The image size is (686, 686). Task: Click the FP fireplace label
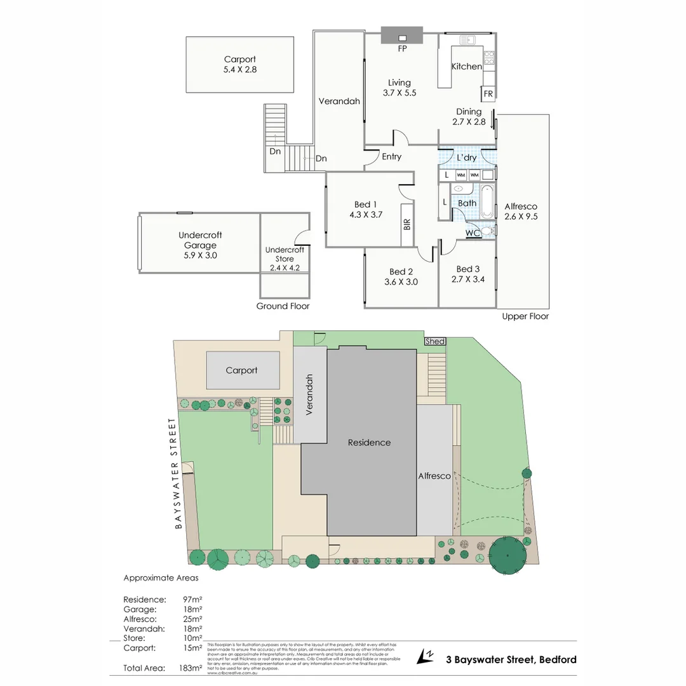401,49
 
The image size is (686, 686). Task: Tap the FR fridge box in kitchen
488,94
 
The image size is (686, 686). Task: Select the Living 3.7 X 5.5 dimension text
400,93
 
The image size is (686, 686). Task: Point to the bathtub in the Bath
487,202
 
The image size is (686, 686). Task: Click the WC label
473,233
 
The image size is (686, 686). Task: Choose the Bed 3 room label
467,269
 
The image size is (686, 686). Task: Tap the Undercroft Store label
285,254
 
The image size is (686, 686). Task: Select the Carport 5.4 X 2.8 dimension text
239,70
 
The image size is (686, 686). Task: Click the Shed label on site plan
435,342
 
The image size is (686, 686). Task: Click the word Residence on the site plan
369,443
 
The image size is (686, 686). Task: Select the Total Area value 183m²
191,668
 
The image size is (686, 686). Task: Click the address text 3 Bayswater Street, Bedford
511,659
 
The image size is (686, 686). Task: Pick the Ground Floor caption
283,306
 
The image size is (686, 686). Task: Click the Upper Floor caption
525,316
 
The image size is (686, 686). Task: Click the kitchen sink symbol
466,41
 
